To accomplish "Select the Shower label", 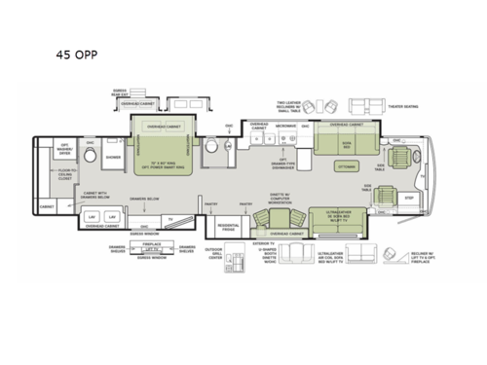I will (113, 158).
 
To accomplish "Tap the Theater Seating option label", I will (402, 107).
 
